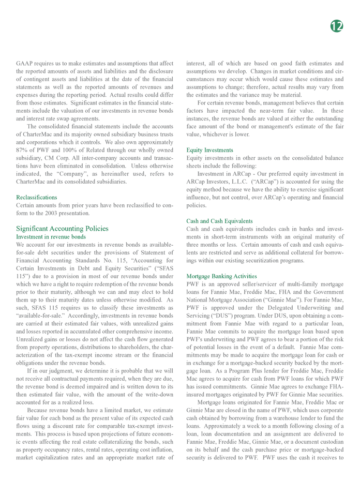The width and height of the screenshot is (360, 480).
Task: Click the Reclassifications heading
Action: (37, 198)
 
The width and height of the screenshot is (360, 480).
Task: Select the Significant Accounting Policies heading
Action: (63, 228)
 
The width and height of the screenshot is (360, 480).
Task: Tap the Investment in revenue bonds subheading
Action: (51, 236)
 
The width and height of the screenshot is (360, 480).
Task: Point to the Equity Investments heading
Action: (209, 150)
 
